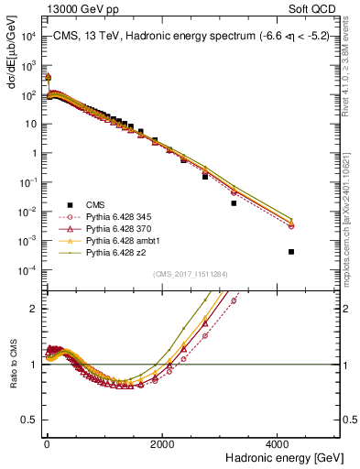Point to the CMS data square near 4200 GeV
click(291, 251)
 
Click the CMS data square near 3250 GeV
click(234, 203)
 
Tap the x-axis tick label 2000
click(162, 443)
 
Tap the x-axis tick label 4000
click(278, 443)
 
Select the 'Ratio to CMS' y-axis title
click(12, 363)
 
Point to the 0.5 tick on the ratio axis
click(32, 420)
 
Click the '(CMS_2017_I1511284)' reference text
click(191, 274)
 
